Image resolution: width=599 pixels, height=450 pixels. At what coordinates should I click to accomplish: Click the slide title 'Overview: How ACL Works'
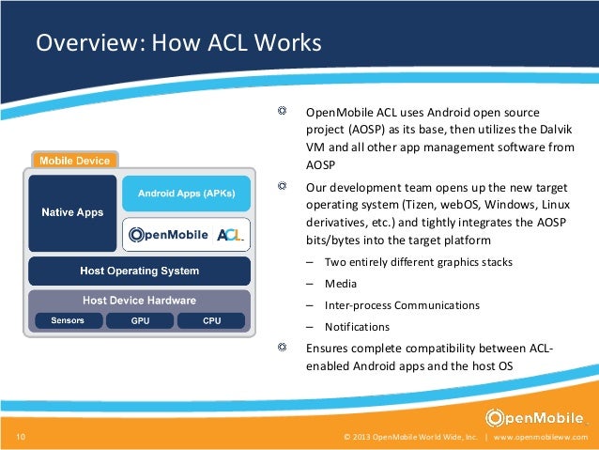tap(178, 44)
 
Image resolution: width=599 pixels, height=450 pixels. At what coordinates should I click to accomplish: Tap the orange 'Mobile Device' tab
tap(74, 160)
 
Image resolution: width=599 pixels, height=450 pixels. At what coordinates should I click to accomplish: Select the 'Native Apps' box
tap(72, 212)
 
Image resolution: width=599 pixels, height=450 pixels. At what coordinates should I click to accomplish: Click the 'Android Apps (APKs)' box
tap(187, 194)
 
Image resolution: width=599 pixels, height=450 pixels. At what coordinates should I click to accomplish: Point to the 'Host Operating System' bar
tap(139, 272)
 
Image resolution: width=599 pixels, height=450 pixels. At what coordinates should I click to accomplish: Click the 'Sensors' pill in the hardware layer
tap(68, 320)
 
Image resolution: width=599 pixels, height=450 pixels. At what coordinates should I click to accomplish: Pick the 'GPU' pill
tap(140, 320)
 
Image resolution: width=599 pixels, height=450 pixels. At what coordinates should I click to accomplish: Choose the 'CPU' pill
tap(212, 320)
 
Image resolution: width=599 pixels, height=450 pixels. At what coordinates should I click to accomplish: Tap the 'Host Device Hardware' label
tap(139, 301)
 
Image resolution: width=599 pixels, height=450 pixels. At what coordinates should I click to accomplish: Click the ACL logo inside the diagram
tap(229, 235)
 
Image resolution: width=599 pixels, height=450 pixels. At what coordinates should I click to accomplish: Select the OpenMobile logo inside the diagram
tap(167, 235)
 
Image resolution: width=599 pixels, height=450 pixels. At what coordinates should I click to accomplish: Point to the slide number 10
tap(21, 438)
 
